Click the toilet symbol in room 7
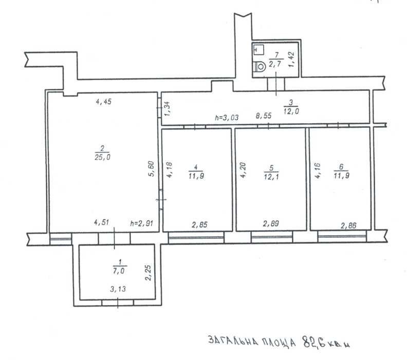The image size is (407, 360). tap(260, 67)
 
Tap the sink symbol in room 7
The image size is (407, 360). tap(258, 49)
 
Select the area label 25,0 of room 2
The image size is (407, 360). tap(102, 157)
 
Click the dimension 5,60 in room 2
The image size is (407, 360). tap(151, 169)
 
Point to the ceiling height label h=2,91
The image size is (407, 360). tap(142, 223)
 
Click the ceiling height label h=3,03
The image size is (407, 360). tap(227, 118)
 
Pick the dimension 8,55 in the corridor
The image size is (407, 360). tap(264, 116)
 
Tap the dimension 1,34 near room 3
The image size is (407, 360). tap(168, 109)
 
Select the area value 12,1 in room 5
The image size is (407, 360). tap(271, 177)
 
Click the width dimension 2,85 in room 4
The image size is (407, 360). tap(199, 224)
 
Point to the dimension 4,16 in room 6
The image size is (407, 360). tap(318, 170)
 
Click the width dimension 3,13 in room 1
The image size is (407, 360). tap(118, 289)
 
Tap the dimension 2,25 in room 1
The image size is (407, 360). tap(148, 273)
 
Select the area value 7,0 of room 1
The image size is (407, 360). tap(119, 271)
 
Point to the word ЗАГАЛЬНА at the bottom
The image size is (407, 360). tap(233, 342)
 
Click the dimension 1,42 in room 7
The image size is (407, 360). tap(291, 60)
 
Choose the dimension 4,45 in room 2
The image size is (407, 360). tap(104, 102)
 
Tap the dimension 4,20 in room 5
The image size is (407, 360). tap(243, 170)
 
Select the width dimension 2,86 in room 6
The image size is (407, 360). tap(348, 225)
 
